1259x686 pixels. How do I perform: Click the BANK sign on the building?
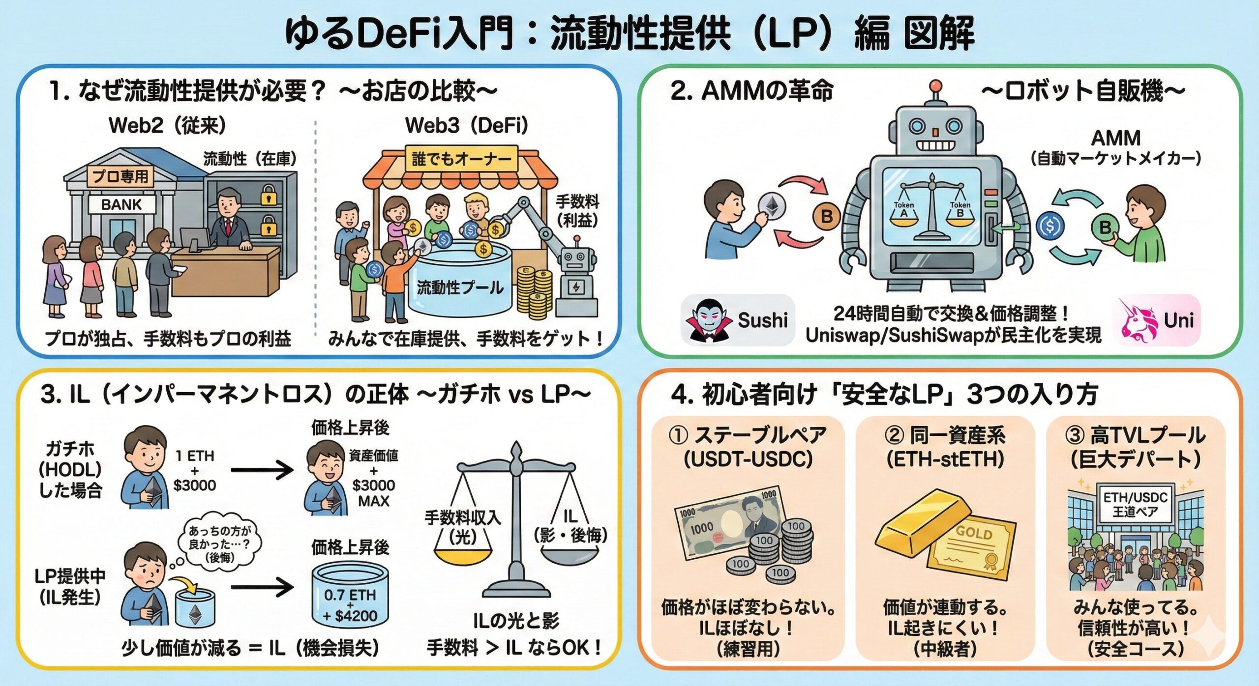coord(121,204)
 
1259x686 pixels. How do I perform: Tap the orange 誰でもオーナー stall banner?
coord(461,159)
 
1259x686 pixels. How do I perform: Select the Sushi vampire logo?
coord(709,320)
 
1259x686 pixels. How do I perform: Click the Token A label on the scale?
coord(903,209)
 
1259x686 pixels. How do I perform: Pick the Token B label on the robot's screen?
coord(959,209)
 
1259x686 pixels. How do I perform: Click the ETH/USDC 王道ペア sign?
coord(1135,504)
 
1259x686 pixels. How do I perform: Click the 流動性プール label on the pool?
coord(460,287)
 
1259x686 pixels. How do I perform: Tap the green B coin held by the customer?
coord(1105,227)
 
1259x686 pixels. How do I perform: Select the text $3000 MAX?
coord(373,493)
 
